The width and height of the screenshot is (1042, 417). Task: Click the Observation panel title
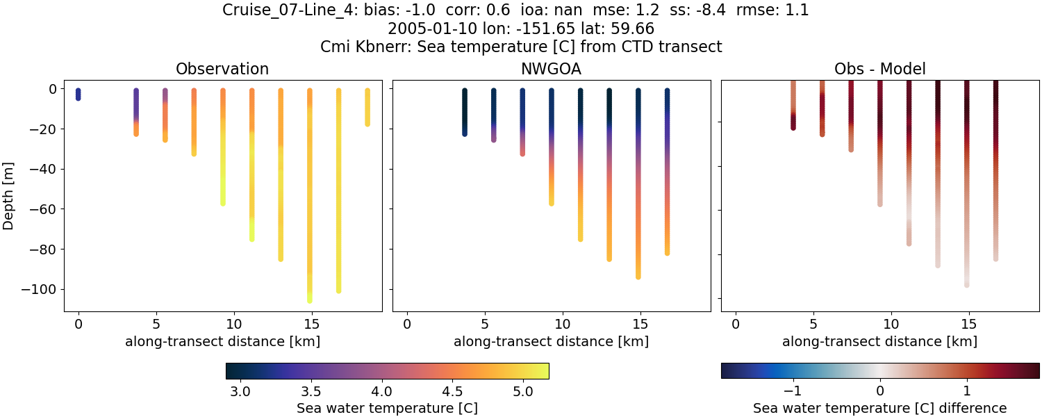coord(222,69)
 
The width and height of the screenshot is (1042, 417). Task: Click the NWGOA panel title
coord(551,69)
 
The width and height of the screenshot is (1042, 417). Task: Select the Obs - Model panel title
coord(879,69)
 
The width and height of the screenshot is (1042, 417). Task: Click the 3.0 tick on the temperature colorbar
coord(240,391)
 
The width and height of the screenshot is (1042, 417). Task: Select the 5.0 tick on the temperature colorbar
coord(523,391)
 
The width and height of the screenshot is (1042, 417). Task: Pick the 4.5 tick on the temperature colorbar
coord(452,391)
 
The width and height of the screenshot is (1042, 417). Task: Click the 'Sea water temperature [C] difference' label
coord(879,408)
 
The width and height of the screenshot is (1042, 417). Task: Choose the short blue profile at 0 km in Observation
coord(78,95)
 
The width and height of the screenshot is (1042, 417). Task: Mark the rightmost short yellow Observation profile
coord(367,107)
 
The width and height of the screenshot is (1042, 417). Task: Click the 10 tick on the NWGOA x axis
coord(562,324)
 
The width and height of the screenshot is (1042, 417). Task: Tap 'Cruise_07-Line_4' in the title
coord(290,10)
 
